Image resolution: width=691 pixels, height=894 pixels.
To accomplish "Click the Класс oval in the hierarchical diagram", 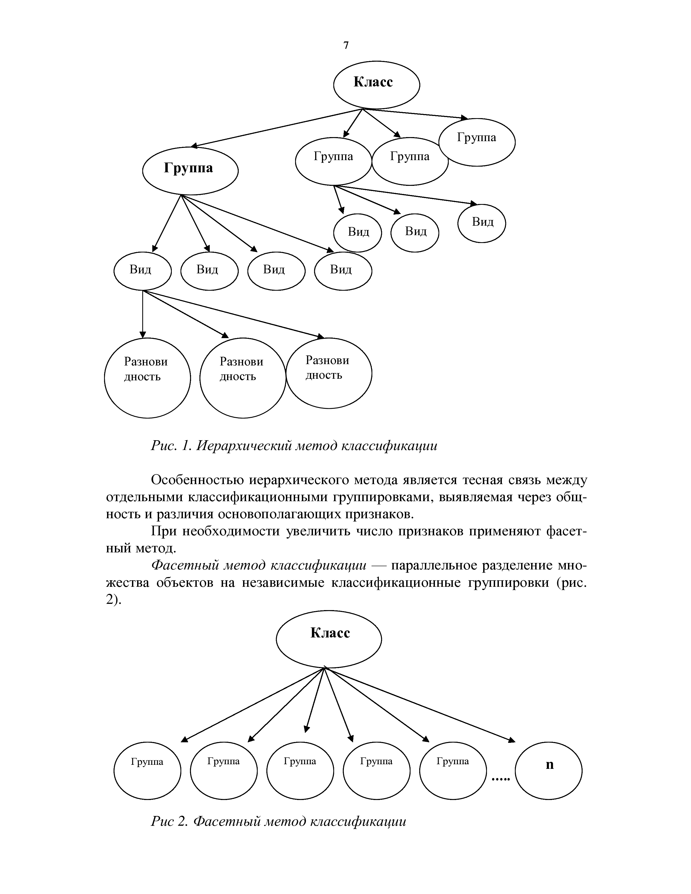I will pos(376,85).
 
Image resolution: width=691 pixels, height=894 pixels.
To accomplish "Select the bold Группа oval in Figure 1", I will pos(190,170).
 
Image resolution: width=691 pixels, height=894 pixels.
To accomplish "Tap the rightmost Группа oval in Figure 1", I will pos(477,142).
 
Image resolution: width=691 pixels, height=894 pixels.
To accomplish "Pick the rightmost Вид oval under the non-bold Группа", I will pos(482,224).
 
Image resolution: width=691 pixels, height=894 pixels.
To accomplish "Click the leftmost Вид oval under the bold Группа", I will pos(142,271).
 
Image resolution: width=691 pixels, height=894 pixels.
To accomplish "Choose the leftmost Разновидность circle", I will pos(147,377).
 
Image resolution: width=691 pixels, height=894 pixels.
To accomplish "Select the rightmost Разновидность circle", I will pos(329,373).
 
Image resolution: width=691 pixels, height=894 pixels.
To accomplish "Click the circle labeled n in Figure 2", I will pos(548,771).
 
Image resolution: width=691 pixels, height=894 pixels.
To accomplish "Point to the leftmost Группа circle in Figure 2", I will pos(147,771).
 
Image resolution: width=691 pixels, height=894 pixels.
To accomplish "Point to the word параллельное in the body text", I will pos(435,565).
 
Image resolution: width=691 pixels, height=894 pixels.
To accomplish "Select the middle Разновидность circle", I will pos(243,377).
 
